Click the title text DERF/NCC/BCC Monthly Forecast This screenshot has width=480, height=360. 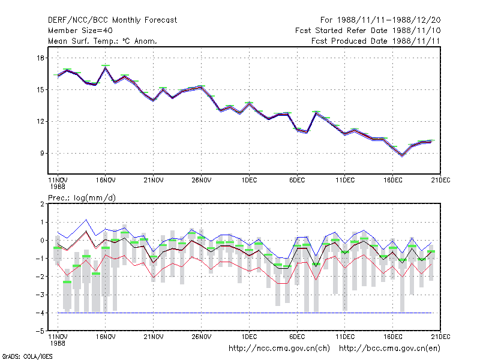[x=112, y=20]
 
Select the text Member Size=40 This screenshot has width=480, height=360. [x=80, y=31]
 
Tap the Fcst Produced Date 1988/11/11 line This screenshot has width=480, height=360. [x=376, y=41]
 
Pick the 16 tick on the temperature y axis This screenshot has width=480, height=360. [x=40, y=58]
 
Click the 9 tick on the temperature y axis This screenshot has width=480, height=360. [x=42, y=153]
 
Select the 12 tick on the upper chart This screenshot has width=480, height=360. [x=40, y=122]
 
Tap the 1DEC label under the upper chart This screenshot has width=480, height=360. [x=249, y=181]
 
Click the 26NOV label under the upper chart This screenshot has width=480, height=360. [x=202, y=181]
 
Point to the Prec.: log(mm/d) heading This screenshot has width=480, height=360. [x=82, y=198]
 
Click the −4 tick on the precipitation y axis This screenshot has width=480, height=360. [x=40, y=313]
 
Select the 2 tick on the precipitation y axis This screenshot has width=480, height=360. [x=42, y=204]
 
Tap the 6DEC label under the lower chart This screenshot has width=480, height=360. [x=297, y=337]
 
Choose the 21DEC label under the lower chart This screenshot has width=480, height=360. [x=440, y=337]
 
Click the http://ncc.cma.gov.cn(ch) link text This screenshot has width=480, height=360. [x=279, y=349]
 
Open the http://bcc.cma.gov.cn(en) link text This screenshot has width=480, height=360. [x=389, y=349]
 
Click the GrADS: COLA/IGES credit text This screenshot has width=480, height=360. [x=27, y=356]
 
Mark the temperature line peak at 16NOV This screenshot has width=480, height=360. [x=106, y=67]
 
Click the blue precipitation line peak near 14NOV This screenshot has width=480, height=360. [x=86, y=220]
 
